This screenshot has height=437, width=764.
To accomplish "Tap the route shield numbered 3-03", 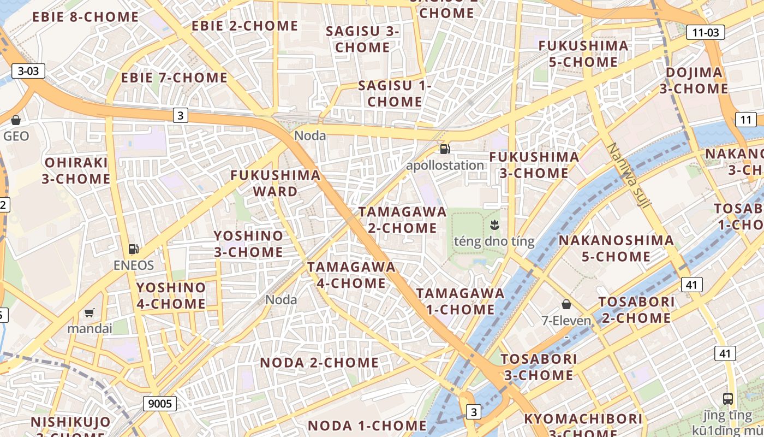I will point(28,70).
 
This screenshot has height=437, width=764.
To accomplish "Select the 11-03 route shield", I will point(705,32).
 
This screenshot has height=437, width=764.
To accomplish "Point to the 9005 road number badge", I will point(160,404).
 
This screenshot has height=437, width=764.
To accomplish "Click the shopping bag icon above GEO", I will point(16,120).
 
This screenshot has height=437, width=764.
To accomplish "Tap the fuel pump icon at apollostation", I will point(445,149).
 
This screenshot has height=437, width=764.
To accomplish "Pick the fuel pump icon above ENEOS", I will point(133,249).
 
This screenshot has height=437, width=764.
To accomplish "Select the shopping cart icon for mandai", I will point(89,312).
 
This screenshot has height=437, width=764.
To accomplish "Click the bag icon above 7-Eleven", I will point(566,304).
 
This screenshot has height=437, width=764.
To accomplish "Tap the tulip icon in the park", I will point(494,224).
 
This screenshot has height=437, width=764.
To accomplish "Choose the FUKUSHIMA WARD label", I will point(275,183).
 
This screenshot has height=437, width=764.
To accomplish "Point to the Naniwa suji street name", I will point(629,175).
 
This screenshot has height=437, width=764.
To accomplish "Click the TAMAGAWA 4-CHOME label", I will point(351,275).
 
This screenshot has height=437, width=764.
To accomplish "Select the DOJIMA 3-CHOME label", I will point(694,80).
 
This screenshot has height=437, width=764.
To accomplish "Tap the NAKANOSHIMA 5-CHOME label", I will point(616,248).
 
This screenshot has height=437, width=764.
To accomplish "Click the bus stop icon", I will point(727,398).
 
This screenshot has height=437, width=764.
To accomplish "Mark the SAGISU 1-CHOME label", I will point(395,93).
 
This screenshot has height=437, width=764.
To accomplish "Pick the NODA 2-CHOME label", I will point(319,363).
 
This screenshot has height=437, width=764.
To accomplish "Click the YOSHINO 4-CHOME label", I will point(171,296).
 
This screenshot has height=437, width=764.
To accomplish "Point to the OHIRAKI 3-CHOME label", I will point(76,170).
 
